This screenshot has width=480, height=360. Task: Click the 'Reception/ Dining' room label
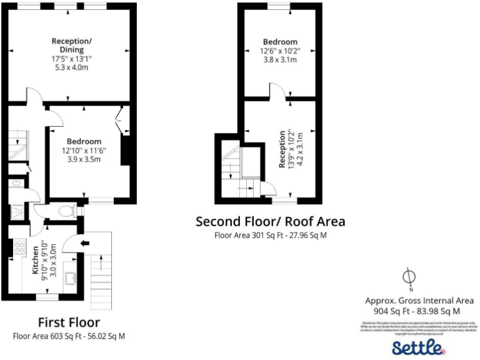tap(71, 45)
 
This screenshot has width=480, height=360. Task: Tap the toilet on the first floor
tap(65, 211)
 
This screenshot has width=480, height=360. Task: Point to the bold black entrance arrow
tap(84, 242)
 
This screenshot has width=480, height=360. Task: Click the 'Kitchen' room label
tap(35, 262)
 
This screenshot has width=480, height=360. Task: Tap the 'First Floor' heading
tap(69, 322)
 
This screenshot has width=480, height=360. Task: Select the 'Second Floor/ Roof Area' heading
tap(270, 221)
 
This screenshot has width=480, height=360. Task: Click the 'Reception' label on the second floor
tap(282, 149)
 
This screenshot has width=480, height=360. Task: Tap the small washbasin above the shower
tap(15, 184)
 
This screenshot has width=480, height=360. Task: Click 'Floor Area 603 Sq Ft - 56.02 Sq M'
tap(69, 336)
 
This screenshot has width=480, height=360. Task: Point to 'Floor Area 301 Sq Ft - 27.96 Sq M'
tap(270, 236)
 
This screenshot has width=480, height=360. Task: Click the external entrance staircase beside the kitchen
tap(100, 269)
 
